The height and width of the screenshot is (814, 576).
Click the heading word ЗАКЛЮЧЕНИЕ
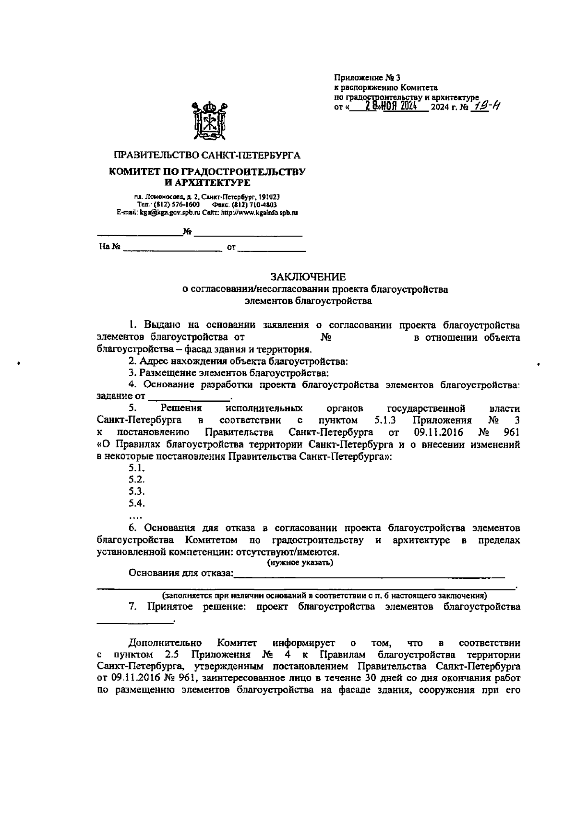click(308, 277)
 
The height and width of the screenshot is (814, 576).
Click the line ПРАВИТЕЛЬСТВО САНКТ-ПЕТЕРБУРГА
click(207, 156)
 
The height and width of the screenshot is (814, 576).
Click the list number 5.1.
click(137, 468)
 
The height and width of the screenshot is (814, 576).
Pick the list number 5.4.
click(137, 503)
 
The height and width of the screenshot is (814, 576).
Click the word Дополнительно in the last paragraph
click(165, 643)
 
